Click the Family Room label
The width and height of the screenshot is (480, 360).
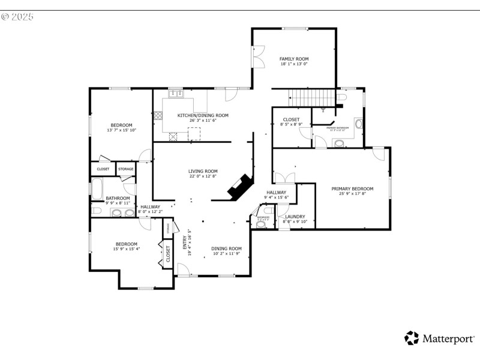294,59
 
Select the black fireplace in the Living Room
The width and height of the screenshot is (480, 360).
240,187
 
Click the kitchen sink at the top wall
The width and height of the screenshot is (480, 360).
176,94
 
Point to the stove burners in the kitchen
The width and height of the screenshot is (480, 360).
159,115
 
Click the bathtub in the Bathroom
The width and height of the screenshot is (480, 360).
96,189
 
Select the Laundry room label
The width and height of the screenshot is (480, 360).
295,217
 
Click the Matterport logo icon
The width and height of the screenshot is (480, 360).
412,338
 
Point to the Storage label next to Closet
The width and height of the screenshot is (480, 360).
125,169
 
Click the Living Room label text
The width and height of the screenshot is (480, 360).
203,171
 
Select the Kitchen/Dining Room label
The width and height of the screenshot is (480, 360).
203,115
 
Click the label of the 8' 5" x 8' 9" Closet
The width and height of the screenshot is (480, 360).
291,120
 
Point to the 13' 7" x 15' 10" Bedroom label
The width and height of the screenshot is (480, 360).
121,125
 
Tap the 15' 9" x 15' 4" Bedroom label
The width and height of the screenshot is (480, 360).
126,244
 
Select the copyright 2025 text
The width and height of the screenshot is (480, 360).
17,16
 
